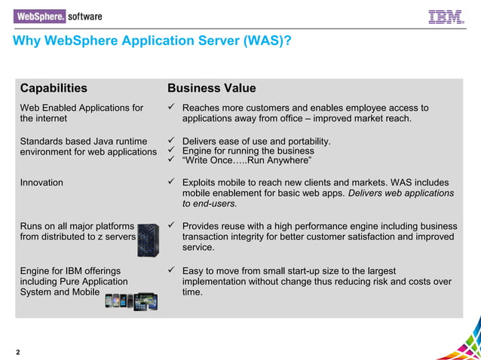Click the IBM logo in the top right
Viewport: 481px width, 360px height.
tap(446, 16)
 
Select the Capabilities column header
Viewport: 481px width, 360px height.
tap(54, 88)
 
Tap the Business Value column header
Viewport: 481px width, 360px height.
tap(211, 88)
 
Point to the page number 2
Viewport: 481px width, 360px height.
tap(17, 352)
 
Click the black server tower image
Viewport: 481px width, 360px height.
tap(148, 236)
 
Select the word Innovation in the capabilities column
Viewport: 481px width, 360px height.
tap(41, 182)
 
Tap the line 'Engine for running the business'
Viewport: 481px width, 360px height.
tap(248, 151)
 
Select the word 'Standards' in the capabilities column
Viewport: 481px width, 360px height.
tap(43, 141)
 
